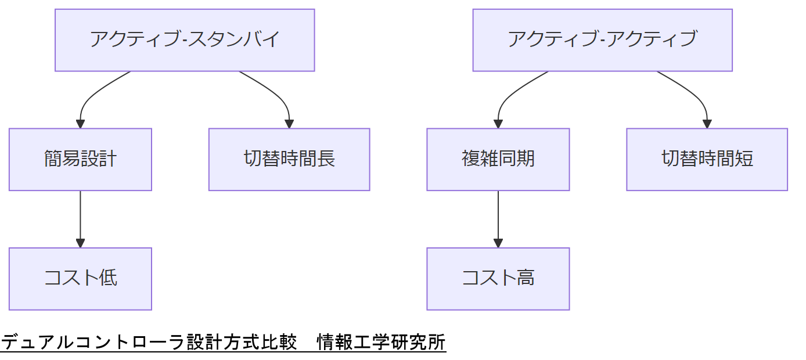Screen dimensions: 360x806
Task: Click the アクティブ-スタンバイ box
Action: (x=185, y=40)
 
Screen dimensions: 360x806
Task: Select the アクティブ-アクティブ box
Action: (x=602, y=40)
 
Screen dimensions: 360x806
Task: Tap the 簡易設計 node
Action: (x=80, y=159)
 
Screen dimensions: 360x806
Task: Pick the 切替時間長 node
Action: (x=289, y=159)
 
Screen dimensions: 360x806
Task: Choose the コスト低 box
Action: (x=80, y=279)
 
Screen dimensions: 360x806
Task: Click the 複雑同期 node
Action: (x=498, y=159)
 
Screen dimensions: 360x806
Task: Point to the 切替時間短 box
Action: (x=707, y=159)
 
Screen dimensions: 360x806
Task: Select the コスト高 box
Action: (x=498, y=279)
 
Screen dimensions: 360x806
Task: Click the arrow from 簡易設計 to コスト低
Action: (x=80, y=218)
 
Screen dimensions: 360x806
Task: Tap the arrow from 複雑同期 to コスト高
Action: (x=498, y=218)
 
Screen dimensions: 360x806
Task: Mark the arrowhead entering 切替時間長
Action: (x=289, y=124)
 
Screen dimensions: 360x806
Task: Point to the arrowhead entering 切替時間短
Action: (x=707, y=124)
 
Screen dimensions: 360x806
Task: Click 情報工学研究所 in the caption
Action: (x=381, y=342)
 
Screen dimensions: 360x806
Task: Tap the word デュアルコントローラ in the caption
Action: (x=92, y=342)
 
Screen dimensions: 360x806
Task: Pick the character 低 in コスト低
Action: (x=108, y=279)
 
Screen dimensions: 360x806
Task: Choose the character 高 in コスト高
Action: (x=526, y=279)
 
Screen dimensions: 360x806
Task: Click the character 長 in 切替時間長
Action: (x=326, y=159)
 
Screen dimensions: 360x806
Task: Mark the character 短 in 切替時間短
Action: (x=744, y=159)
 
